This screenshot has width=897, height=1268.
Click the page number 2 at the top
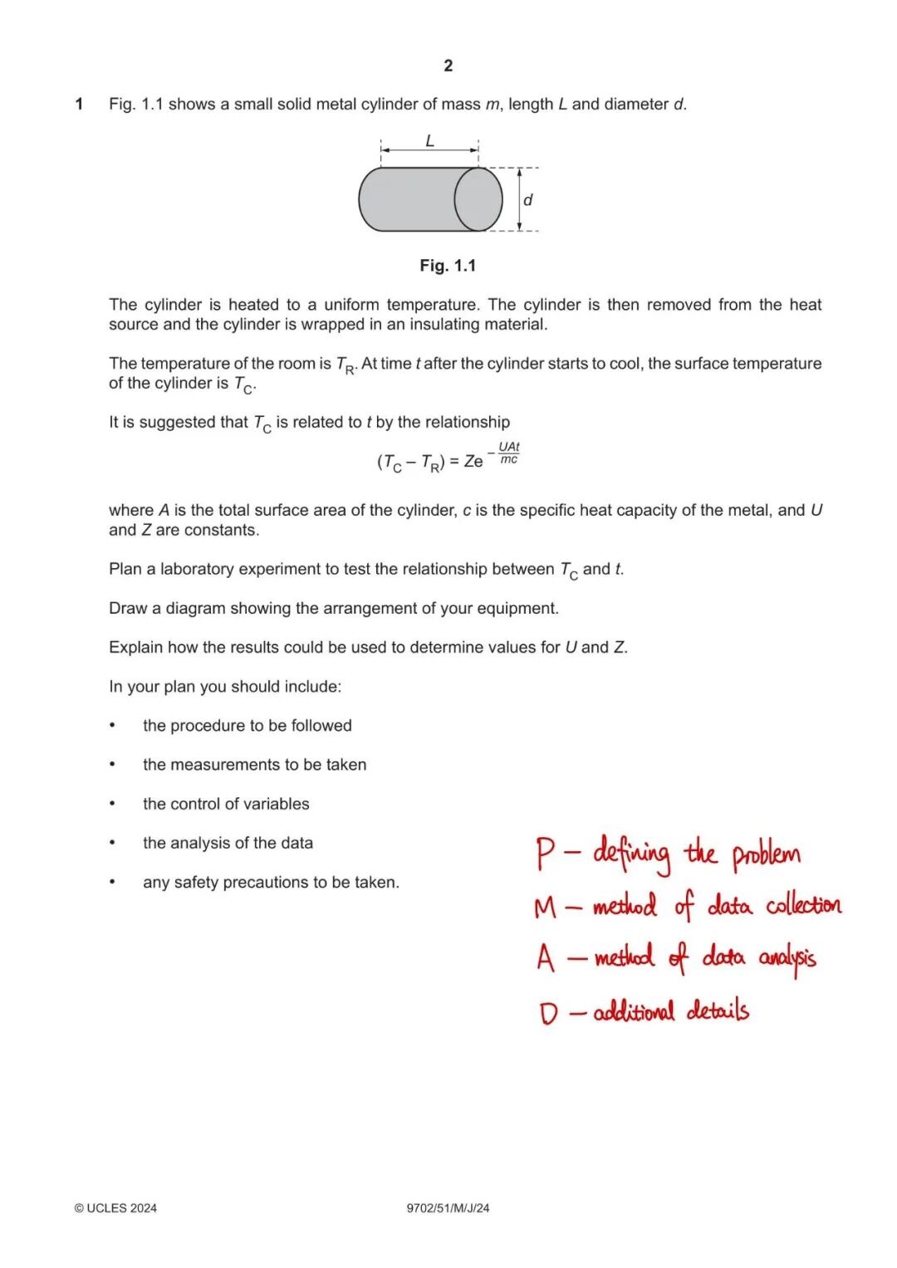click(448, 66)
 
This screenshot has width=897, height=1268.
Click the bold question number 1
click(79, 105)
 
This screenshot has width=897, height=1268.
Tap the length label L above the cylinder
click(429, 141)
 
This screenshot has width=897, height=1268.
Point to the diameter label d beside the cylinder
click(527, 200)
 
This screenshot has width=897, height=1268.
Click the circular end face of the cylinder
click(478, 199)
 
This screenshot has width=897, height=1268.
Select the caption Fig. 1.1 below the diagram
click(448, 266)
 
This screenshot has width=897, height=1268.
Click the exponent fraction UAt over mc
click(508, 453)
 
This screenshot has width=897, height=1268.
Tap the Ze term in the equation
click(473, 462)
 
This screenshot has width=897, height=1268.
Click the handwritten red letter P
click(545, 854)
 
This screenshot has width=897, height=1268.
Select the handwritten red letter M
click(546, 907)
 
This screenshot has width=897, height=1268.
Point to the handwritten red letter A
click(545, 958)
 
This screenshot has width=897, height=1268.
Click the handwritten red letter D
click(548, 1013)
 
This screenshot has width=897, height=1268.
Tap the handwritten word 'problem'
click(766, 855)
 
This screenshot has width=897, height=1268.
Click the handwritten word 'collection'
click(803, 905)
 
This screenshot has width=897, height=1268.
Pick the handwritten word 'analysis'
click(787, 959)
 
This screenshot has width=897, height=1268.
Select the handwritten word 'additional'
click(634, 1011)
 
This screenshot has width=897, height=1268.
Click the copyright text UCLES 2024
click(115, 1208)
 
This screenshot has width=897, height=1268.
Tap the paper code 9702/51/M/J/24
click(448, 1208)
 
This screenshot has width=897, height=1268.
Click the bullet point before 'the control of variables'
click(112, 804)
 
